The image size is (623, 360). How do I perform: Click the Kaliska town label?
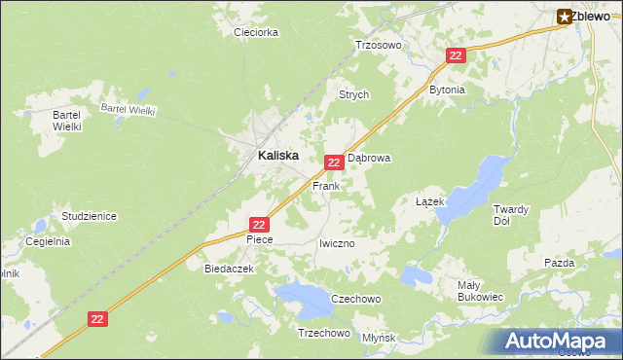(277, 155)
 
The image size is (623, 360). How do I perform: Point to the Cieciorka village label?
(256, 32)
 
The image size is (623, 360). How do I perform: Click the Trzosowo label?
(379, 45)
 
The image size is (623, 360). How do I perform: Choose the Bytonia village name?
(448, 90)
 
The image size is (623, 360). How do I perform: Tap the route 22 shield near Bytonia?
(456, 56)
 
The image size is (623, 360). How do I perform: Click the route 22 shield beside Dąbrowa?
(333, 162)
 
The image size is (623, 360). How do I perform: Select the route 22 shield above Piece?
(259, 224)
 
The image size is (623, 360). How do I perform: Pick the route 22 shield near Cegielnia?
(96, 318)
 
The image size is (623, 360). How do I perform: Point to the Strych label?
(353, 95)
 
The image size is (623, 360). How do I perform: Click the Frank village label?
(325, 185)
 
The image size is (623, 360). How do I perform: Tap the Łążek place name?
(429, 201)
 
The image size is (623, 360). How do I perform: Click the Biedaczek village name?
(229, 269)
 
